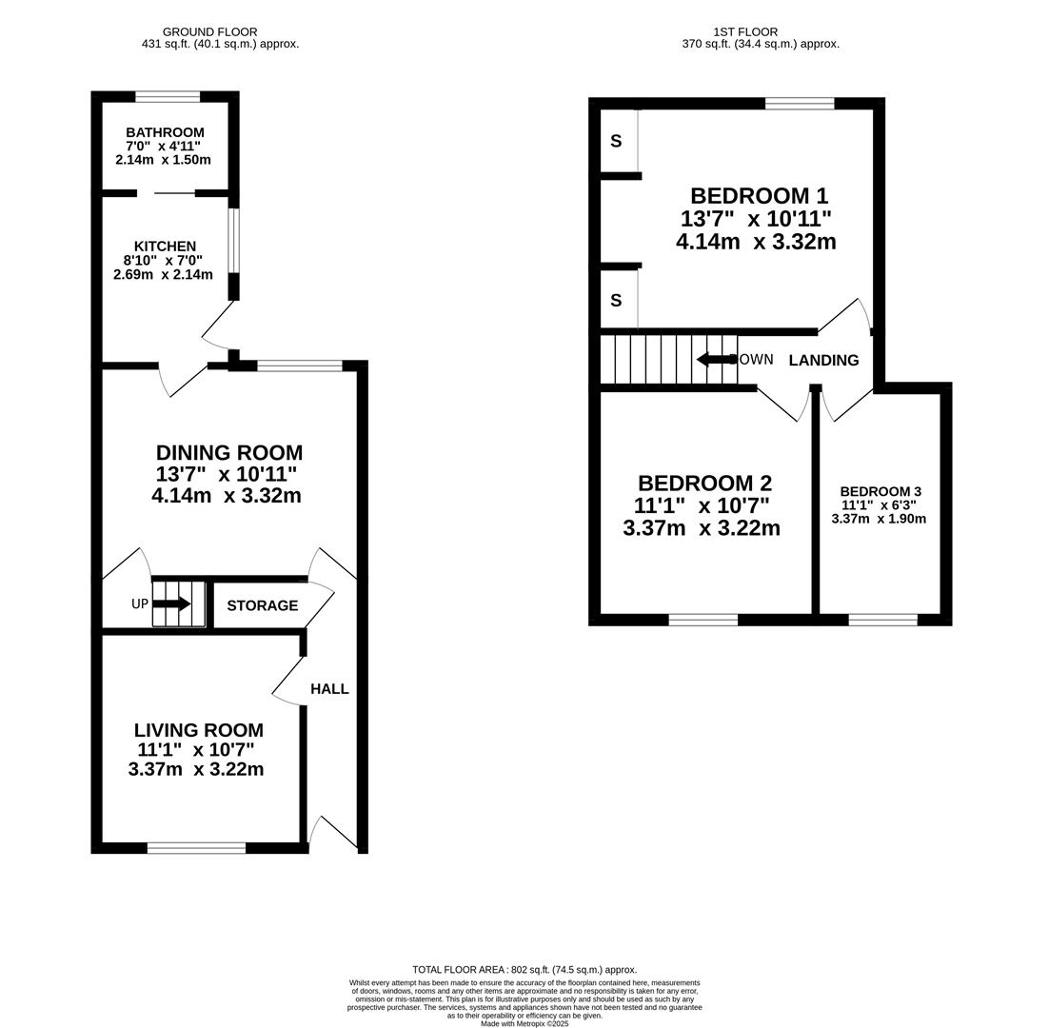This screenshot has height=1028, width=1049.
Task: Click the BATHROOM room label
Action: (x=165, y=132)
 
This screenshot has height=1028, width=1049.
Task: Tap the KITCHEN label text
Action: (x=165, y=247)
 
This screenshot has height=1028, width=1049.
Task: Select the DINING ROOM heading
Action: (x=228, y=453)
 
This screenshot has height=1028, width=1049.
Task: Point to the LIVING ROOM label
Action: (x=199, y=730)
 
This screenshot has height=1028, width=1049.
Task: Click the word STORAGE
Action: (x=263, y=605)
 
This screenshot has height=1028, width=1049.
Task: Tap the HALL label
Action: (x=329, y=689)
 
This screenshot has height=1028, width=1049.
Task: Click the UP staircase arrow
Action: (x=172, y=604)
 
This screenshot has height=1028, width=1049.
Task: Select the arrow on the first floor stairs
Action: (x=717, y=360)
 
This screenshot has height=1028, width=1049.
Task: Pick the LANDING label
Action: (x=823, y=361)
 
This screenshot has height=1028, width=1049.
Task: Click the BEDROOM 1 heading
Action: (x=760, y=196)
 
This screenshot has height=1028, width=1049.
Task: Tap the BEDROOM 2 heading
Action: (x=704, y=483)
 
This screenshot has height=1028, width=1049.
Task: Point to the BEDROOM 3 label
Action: (x=881, y=491)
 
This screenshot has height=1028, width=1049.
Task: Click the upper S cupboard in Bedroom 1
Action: (x=616, y=141)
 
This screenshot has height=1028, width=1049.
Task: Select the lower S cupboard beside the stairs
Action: (x=616, y=300)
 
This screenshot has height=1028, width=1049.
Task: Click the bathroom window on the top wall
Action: (x=168, y=97)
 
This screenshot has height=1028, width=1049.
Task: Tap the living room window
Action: (x=197, y=848)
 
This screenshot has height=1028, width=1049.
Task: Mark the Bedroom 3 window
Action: (x=883, y=620)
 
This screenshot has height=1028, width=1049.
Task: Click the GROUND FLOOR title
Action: (x=210, y=31)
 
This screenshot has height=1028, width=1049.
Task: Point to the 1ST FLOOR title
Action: (x=745, y=31)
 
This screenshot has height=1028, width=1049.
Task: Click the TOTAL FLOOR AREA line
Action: (x=524, y=969)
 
